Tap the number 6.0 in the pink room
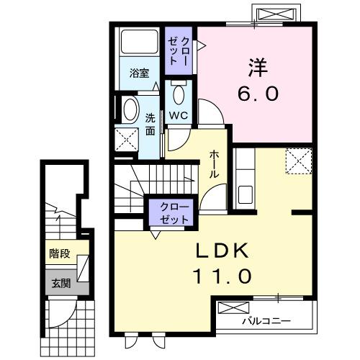pos(256,94)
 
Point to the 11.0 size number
pos(222,276)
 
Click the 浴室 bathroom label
pos(139,73)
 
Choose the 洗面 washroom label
pos(150,124)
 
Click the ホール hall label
pos(215,165)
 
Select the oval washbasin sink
pos(130,110)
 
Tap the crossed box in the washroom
pos(127,138)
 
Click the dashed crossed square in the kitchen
pos(297,161)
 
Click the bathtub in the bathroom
pos(138,43)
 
